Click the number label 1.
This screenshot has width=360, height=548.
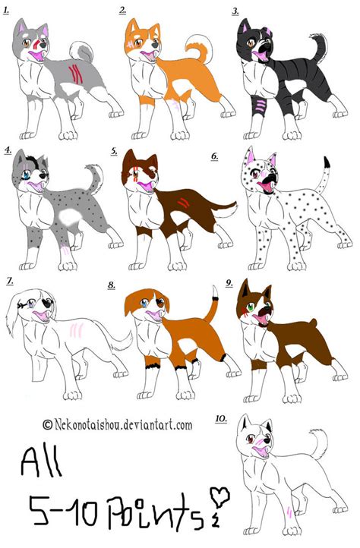click(x=8, y=11)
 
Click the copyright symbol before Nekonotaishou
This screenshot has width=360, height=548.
click(x=48, y=426)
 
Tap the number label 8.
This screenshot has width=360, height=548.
click(x=112, y=285)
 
